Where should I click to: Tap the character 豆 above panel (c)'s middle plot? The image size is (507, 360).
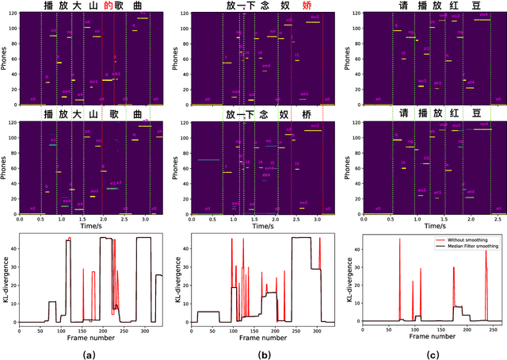click(476, 114)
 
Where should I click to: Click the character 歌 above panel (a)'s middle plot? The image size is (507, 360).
click(117, 114)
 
